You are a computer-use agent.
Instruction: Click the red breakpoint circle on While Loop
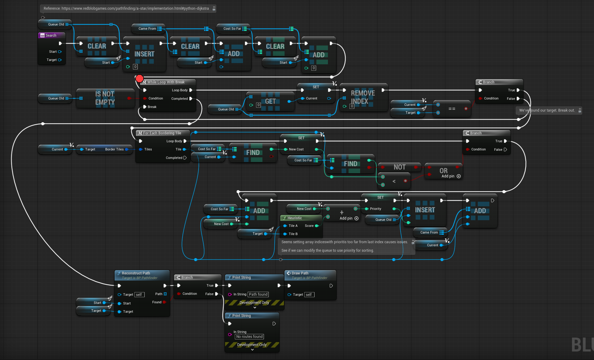[139, 79]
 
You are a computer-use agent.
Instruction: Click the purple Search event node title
[51, 35]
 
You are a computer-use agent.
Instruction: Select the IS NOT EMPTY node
[105, 98]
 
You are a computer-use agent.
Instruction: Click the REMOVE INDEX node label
[363, 97]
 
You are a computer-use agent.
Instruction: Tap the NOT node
[399, 167]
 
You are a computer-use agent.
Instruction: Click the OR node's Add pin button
[459, 176]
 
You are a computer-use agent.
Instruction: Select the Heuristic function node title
[294, 218]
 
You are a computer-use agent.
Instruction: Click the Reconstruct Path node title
[136, 273]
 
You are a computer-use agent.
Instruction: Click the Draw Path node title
[300, 273]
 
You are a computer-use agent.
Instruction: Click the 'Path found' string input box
[258, 294]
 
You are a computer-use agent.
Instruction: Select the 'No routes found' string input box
[249, 337]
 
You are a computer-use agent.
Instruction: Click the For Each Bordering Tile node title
[162, 133]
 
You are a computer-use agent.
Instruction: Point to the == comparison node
[452, 109]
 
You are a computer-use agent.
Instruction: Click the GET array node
[270, 101]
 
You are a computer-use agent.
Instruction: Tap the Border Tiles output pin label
[114, 149]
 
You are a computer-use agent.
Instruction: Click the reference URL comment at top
[126, 8]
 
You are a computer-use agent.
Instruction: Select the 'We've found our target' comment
[547, 110]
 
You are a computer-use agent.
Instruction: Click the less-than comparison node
[394, 181]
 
